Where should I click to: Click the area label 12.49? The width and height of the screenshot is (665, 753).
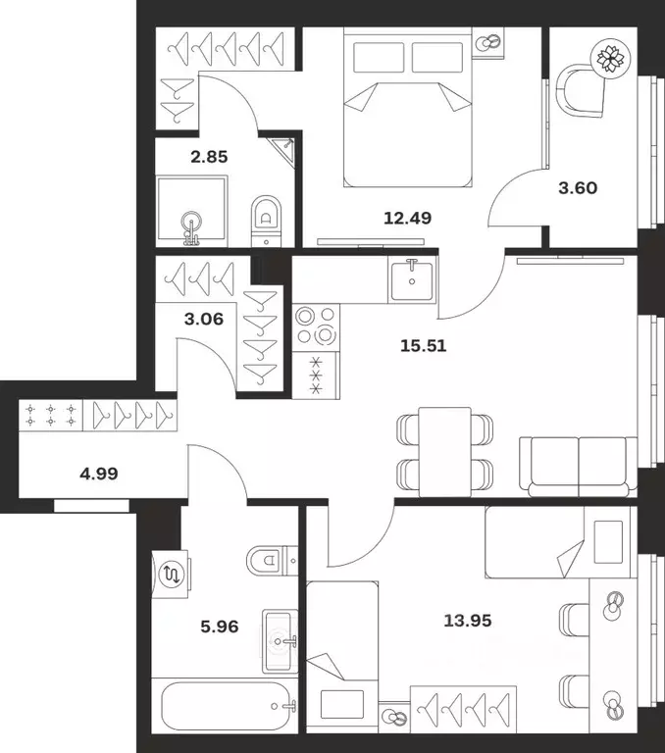tap(407, 218)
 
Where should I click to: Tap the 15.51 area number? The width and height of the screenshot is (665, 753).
tap(424, 345)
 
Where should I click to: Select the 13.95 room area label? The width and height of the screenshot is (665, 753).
tap(468, 621)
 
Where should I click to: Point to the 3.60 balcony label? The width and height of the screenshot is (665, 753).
tap(578, 188)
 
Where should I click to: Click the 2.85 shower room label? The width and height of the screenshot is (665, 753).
tap(209, 157)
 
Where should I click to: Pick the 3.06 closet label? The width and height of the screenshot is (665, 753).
tap(204, 319)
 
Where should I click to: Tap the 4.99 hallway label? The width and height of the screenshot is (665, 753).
tap(99, 474)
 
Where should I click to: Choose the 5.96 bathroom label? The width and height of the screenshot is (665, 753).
tap(220, 627)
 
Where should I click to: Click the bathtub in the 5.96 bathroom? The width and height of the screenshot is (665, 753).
tap(226, 706)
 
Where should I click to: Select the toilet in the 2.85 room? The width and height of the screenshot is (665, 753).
tap(266, 221)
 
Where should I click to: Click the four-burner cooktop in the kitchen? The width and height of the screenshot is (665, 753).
tap(316, 327)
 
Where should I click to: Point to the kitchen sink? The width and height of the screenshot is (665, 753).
tap(412, 279)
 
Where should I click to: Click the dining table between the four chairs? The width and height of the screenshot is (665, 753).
tap(445, 452)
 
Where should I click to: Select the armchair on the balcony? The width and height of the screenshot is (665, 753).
tap(580, 91)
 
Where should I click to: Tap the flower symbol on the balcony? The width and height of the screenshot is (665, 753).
tap(610, 58)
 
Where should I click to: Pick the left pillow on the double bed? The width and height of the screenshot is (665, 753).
tap(379, 58)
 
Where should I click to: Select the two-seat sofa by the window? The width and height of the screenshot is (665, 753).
tap(579, 467)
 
